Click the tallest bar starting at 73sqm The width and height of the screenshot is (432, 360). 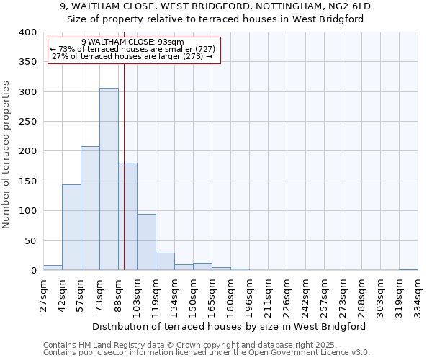(109, 179)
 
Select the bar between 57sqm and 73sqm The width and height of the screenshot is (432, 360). (90, 209)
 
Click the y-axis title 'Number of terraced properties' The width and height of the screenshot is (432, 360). (7, 154)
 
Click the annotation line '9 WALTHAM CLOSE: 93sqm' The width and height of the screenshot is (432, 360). (132, 42)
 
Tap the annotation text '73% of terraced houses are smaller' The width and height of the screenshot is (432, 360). (132, 49)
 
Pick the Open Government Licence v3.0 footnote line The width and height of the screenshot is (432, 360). (206, 353)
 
